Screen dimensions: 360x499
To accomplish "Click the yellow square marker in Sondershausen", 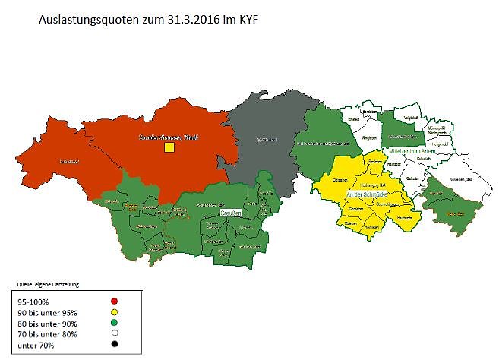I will click(x=169, y=147).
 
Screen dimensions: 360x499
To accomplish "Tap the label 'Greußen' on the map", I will click(x=231, y=215).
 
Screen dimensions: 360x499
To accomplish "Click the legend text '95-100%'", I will click(x=32, y=301).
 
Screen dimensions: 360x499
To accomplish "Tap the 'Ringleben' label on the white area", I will click(x=370, y=138).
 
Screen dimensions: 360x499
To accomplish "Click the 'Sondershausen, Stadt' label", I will click(x=168, y=136).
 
